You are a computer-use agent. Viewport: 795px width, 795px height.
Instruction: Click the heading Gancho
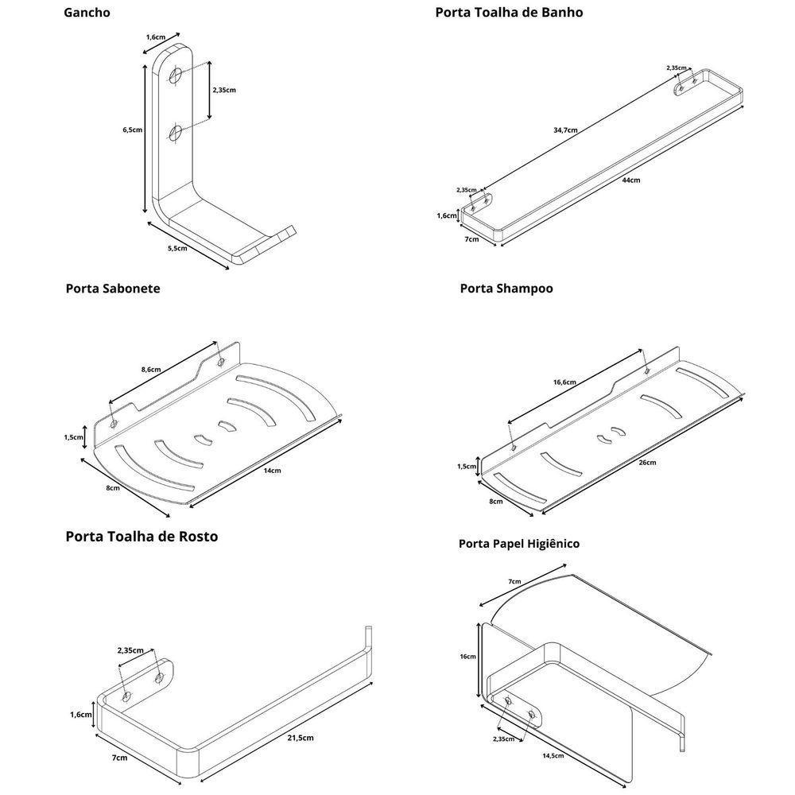point(87,13)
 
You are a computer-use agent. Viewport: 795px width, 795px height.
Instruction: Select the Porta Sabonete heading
point(113,289)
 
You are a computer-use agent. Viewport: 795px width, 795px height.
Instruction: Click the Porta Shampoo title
point(506,289)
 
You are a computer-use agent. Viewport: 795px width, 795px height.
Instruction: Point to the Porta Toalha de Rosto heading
point(142,537)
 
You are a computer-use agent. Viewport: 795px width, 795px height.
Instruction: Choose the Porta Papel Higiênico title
point(519,544)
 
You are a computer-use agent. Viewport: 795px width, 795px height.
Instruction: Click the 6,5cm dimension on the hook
point(133,130)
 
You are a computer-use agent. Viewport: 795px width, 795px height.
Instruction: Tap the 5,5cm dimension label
point(177,249)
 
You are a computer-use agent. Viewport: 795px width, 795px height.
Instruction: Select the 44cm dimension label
point(630,180)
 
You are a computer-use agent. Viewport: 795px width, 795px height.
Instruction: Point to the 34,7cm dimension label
point(566,130)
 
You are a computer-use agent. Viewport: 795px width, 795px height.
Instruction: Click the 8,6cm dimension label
point(151,370)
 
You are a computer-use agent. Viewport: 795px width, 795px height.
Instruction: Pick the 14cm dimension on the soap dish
point(272,471)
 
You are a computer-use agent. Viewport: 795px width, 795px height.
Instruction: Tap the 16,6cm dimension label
point(564,382)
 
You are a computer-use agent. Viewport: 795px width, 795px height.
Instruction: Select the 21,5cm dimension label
point(300,738)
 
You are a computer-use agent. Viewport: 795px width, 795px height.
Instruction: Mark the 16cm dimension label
point(467,657)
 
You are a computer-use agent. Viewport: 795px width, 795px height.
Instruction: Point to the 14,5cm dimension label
point(553,755)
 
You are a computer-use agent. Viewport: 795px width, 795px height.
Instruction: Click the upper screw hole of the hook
point(176,76)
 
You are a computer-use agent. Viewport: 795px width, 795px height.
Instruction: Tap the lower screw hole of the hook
point(176,133)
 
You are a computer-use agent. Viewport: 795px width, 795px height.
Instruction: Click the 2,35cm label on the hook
point(224,90)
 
